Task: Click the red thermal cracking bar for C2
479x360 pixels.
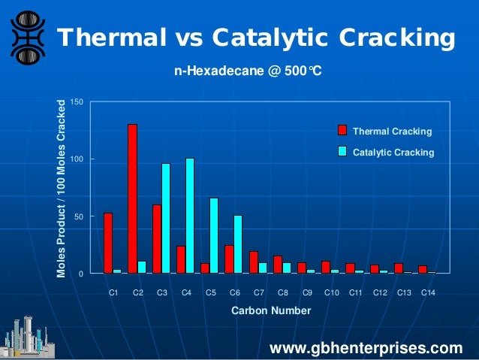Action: [x=132, y=198]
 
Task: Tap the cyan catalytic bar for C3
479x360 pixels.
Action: [x=165, y=218]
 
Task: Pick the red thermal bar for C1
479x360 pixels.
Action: [x=108, y=243]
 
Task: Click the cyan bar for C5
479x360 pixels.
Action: [x=214, y=235]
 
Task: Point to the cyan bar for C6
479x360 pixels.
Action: [x=238, y=244]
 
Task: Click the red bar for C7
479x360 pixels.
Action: [x=254, y=262]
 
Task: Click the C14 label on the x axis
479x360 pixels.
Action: [x=428, y=292]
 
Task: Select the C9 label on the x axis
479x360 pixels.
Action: [x=307, y=292]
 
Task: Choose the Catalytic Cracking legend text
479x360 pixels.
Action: [x=393, y=152]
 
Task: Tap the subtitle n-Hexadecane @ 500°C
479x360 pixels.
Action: [x=248, y=72]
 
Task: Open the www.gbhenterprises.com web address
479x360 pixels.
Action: [x=366, y=347]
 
